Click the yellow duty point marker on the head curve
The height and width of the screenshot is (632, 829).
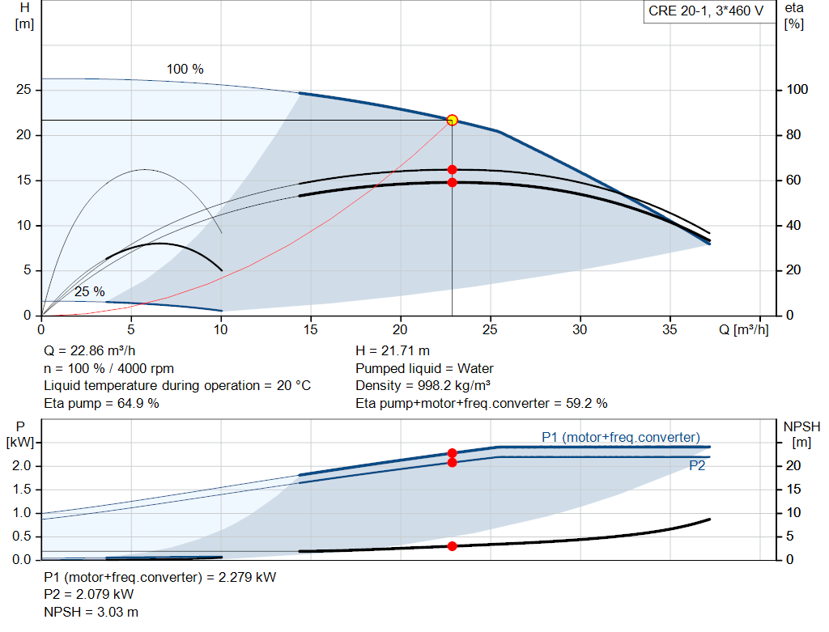pyautogui.click(x=452, y=121)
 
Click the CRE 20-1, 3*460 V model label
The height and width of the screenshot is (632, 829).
pyautogui.click(x=706, y=11)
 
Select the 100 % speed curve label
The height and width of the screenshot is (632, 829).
pyautogui.click(x=185, y=69)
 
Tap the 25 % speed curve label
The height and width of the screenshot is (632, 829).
pyautogui.click(x=89, y=291)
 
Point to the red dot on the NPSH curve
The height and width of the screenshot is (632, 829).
pyautogui.click(x=452, y=546)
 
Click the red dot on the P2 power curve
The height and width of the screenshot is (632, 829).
pyautogui.click(x=452, y=462)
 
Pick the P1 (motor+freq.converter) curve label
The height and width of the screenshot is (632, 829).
pyautogui.click(x=620, y=437)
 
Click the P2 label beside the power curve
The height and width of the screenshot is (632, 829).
pyautogui.click(x=697, y=466)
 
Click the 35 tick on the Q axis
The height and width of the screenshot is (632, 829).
pyautogui.click(x=670, y=329)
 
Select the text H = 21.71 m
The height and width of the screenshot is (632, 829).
pyautogui.click(x=393, y=350)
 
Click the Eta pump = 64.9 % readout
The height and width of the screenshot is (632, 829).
pyautogui.click(x=101, y=403)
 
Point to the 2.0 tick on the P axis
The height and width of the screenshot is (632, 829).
pyautogui.click(x=22, y=466)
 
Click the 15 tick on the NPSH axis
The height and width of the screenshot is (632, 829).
pyautogui.click(x=795, y=490)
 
